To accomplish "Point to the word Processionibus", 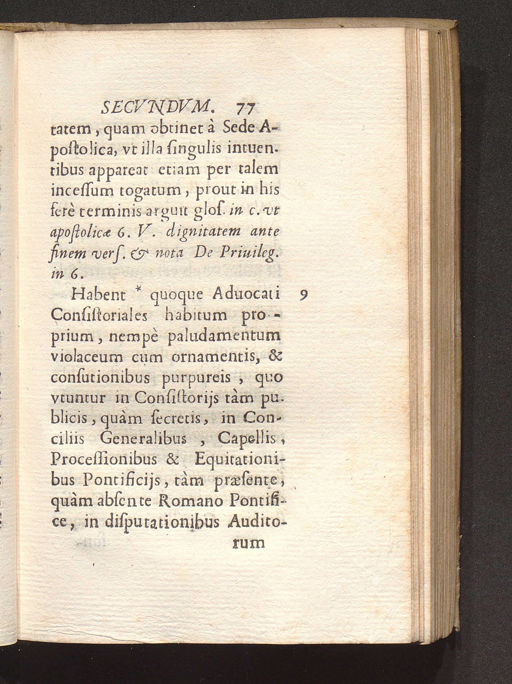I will (107, 460).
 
